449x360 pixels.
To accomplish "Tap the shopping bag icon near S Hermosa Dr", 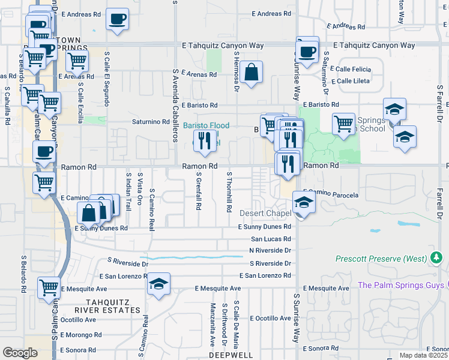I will point(253,72).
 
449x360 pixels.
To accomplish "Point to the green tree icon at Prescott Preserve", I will point(437,259).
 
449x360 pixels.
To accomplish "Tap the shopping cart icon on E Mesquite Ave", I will point(49,287).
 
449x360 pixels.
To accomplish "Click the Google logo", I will point(20,352).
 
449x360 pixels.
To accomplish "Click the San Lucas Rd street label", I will point(271,238).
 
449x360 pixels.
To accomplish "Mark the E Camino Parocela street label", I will point(327,195).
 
